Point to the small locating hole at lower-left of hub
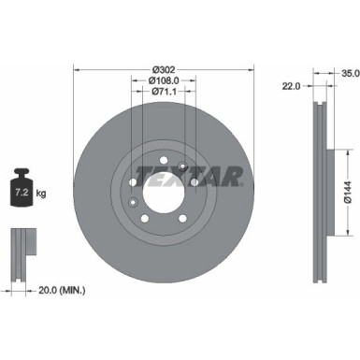click(136, 205)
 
